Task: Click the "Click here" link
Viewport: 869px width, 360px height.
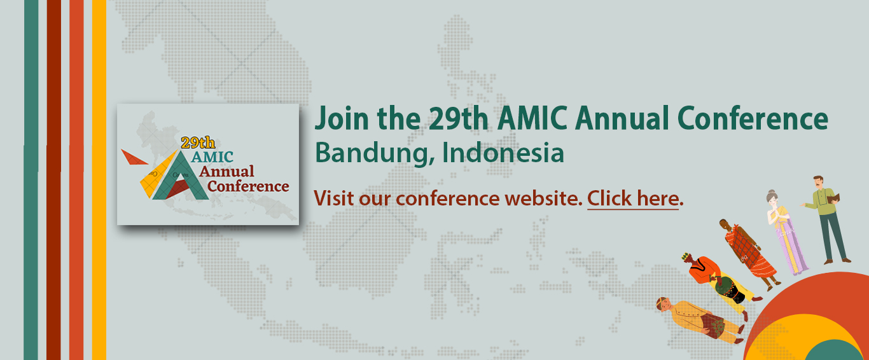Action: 633,199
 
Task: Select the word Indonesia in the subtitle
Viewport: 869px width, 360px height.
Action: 503,152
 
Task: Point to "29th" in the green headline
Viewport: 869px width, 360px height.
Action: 458,118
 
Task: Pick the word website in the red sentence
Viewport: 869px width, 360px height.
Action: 543,198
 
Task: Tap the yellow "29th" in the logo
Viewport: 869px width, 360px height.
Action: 198,142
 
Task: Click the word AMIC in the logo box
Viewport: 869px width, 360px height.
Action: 212,157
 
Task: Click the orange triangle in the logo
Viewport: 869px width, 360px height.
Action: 133,157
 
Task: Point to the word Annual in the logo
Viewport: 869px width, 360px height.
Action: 227,172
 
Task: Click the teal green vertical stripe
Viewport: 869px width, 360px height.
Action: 31,180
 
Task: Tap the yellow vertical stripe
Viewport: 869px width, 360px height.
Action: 99,180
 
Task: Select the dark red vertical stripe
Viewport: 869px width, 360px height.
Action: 53,180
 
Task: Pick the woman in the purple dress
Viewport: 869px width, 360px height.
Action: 786,233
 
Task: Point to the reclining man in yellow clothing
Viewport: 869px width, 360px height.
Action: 699,320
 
